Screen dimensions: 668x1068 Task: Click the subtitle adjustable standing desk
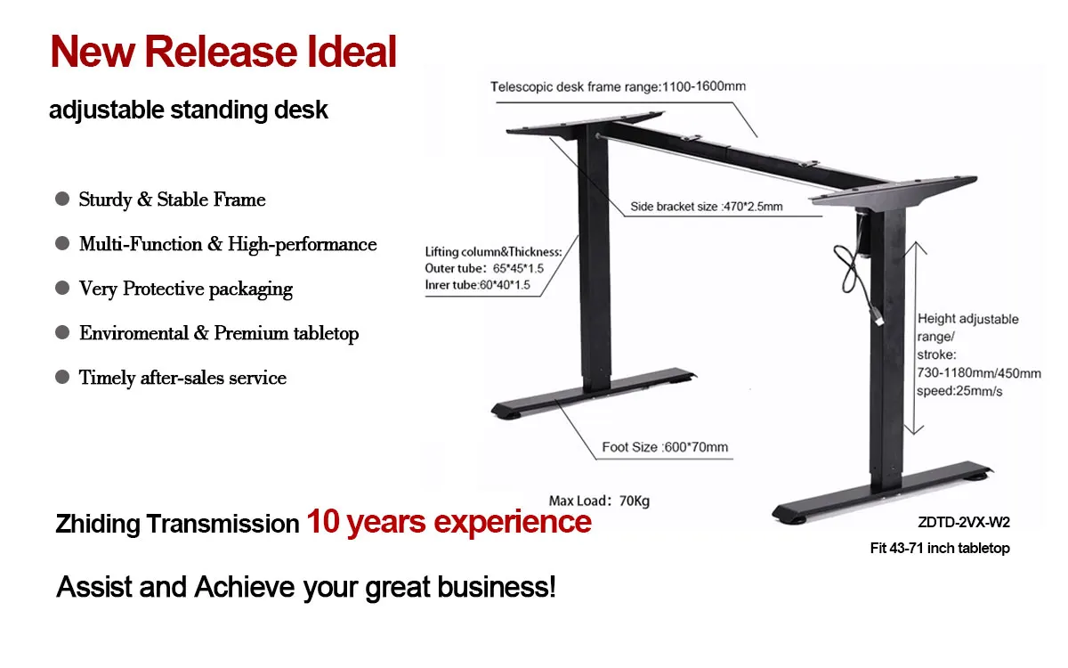189,110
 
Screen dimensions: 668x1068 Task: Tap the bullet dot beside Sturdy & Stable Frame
62,199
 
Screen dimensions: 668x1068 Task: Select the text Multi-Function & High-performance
228,244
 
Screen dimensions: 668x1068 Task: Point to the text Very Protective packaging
186,289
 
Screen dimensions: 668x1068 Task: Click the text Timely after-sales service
182,378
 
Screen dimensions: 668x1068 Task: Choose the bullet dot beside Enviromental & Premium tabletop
62,332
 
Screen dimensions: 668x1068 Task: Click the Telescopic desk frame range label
618,87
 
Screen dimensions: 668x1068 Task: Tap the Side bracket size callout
707,207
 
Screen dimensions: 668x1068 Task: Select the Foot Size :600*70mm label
665,447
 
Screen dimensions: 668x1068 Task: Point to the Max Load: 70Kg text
599,501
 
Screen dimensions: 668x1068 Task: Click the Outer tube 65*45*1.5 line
484,268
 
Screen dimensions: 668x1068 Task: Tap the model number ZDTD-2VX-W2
964,523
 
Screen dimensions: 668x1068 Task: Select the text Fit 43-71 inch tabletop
940,549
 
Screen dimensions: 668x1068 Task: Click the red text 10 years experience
449,521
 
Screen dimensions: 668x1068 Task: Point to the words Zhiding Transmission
177,524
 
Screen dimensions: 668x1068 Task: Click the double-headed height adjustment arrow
909,338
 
